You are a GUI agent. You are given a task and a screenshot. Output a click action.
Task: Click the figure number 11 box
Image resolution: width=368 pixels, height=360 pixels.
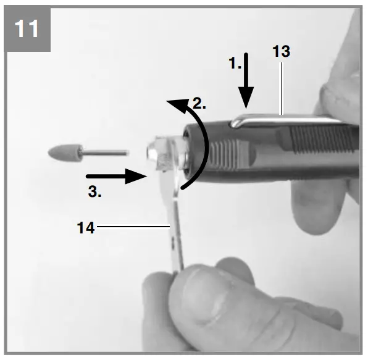click(x=28, y=29)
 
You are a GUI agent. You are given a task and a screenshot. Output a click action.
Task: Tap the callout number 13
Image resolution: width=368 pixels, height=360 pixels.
click(x=280, y=52)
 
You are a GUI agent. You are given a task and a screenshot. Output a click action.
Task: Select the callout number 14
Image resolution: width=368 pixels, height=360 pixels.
click(x=86, y=228)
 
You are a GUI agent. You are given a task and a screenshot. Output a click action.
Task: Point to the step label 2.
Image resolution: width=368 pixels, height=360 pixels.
click(x=198, y=103)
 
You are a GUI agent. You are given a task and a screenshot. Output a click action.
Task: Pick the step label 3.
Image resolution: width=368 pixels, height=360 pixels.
click(x=94, y=191)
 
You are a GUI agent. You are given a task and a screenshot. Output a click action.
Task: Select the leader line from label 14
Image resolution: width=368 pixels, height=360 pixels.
click(x=133, y=227)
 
